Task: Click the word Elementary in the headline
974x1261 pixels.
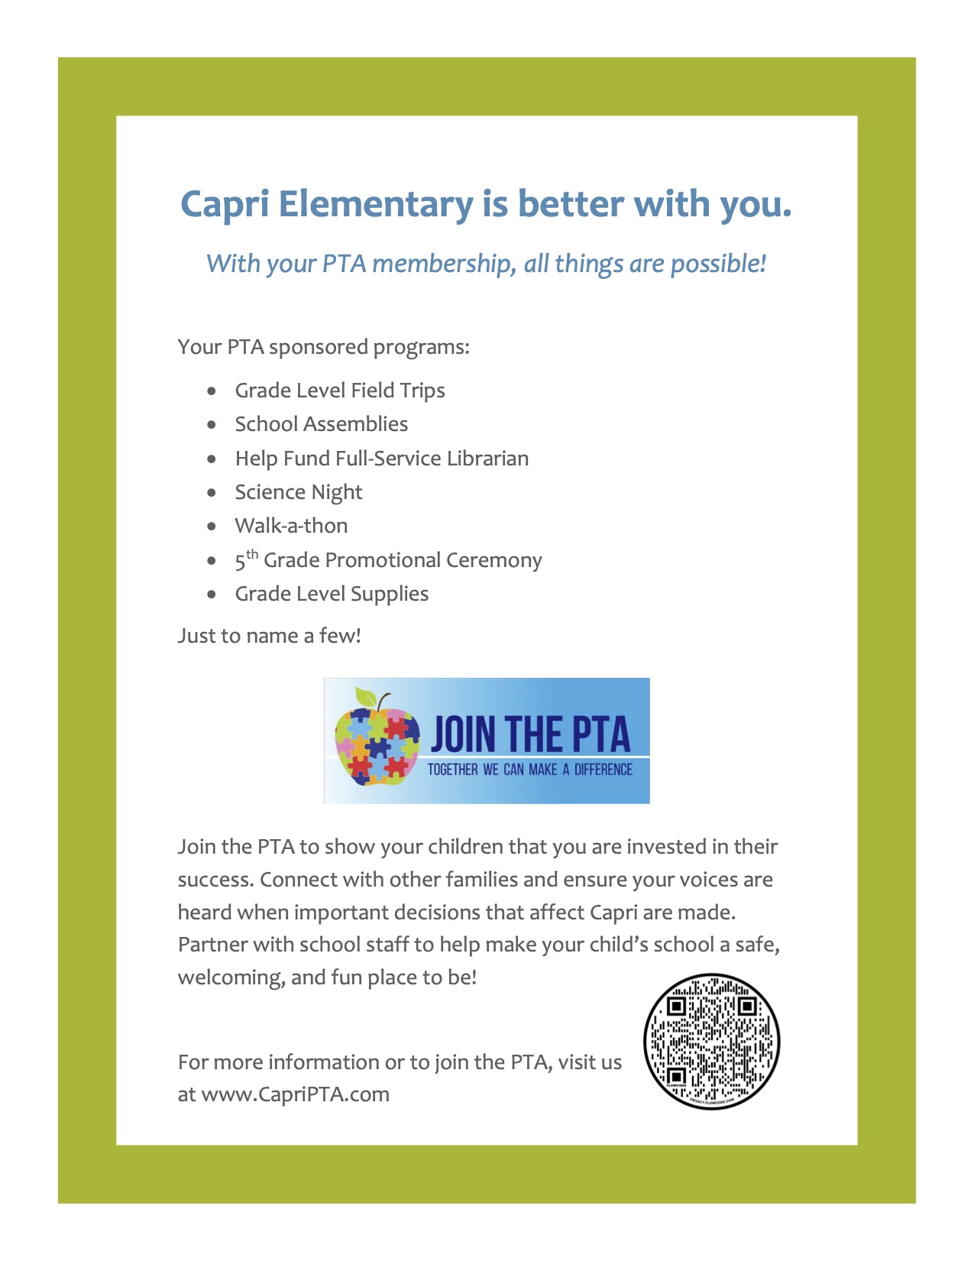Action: pyautogui.click(x=375, y=205)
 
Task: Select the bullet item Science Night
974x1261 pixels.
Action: pyautogui.click(x=298, y=493)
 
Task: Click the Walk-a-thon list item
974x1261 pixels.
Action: pyautogui.click(x=291, y=527)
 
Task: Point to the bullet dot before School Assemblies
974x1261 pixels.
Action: pyautogui.click(x=212, y=425)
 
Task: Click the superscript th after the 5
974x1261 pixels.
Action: pyautogui.click(x=252, y=554)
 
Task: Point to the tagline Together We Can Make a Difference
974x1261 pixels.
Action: pyautogui.click(x=529, y=770)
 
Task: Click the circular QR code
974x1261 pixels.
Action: pyautogui.click(x=711, y=1042)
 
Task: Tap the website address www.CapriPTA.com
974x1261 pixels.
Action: pyautogui.click(x=295, y=1094)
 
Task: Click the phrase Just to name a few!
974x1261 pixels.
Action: pyautogui.click(x=269, y=636)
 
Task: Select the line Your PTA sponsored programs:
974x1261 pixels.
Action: pyautogui.click(x=323, y=348)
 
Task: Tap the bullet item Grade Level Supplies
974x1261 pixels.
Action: pyautogui.click(x=332, y=595)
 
